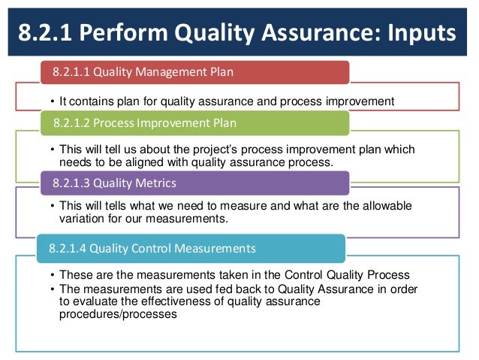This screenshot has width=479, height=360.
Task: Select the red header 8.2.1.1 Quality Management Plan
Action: [x=143, y=72]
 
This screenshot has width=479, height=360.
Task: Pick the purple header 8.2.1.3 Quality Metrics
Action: [x=112, y=183]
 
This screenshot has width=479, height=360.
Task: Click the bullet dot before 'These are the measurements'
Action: [x=51, y=275]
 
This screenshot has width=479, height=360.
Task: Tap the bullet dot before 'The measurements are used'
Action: [x=51, y=289]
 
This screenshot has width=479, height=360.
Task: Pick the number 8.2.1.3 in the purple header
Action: [x=73, y=183]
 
